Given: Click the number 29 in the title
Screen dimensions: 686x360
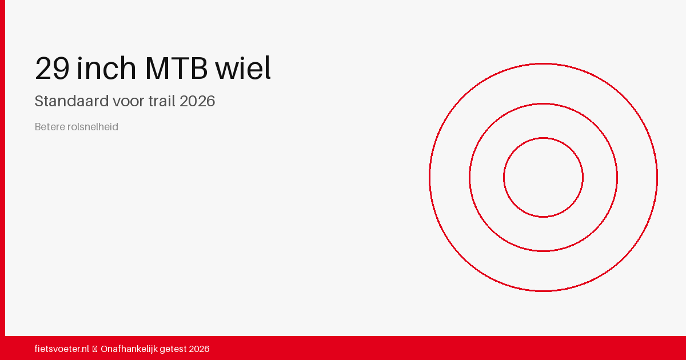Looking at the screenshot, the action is [52, 68].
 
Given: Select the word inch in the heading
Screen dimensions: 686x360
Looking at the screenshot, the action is [106, 67].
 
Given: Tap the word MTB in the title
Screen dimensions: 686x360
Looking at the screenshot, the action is [177, 68].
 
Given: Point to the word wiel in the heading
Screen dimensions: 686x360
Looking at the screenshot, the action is [243, 67].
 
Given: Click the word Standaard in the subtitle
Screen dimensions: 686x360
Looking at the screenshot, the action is [71, 101].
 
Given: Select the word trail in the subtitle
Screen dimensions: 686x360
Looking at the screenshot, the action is [162, 101].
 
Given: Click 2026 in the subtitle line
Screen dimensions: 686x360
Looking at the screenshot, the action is [197, 101].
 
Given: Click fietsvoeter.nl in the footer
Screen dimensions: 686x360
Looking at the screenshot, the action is [62, 349].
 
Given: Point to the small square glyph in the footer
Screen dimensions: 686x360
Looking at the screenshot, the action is [95, 349].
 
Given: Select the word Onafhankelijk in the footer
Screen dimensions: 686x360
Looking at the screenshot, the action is [129, 349].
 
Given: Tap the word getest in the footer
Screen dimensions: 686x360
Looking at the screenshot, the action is [173, 349].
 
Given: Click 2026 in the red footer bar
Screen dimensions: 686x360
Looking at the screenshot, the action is [199, 349].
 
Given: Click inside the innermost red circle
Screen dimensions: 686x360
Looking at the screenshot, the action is [543, 178].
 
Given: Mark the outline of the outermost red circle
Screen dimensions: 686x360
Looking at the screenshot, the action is [429, 178].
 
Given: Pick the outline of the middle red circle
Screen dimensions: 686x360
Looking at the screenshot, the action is [469, 178].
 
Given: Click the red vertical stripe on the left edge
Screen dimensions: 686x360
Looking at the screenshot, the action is [2, 168].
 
